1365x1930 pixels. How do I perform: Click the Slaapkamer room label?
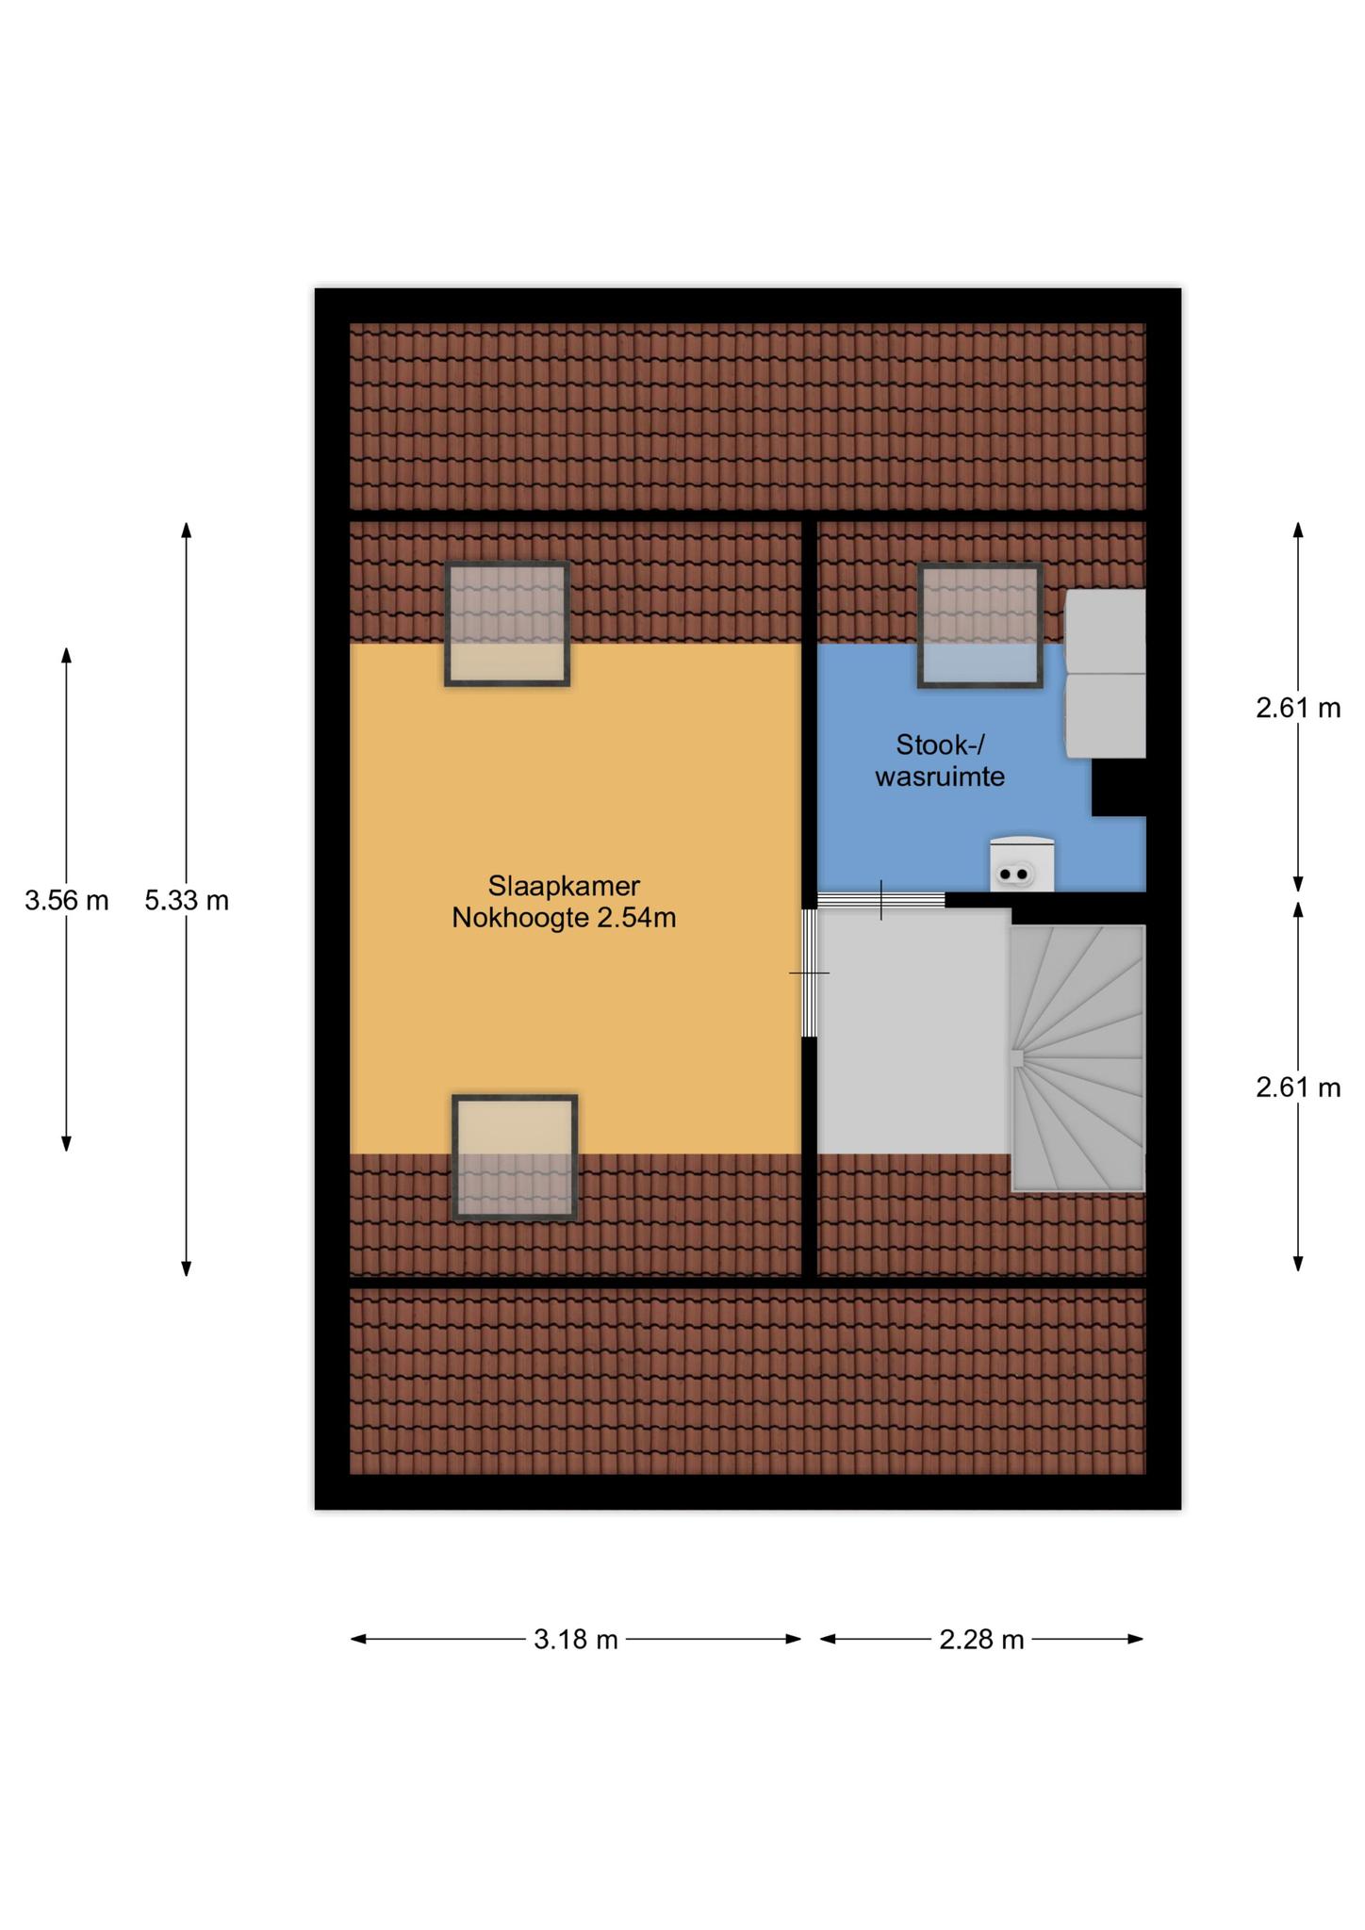[x=564, y=886]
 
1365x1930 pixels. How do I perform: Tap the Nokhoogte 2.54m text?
[x=564, y=918]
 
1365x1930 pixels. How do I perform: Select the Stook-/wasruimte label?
[x=940, y=761]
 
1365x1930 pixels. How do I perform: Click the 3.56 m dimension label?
[x=67, y=901]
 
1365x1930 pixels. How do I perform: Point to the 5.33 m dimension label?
[x=187, y=901]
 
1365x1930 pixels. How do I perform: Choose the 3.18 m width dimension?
[x=576, y=1640]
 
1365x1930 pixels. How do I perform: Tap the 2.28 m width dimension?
[x=981, y=1640]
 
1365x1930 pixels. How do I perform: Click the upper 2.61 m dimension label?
[x=1298, y=708]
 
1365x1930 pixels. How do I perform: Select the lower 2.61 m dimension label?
[x=1298, y=1088]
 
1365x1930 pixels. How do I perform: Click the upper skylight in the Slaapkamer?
[x=507, y=624]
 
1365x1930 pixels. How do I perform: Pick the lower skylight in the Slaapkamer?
[x=515, y=1157]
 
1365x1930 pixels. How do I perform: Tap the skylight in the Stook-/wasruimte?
[x=980, y=625]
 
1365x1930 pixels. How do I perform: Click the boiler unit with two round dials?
[x=1022, y=863]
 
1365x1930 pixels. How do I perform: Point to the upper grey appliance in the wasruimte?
[x=1106, y=630]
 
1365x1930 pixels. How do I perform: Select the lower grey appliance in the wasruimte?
[x=1106, y=715]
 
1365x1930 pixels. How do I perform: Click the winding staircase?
[x=1078, y=1058]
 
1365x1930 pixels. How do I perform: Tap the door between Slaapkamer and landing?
[x=809, y=973]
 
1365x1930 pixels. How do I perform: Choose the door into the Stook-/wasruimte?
[x=880, y=900]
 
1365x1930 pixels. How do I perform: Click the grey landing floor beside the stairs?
[x=913, y=1031]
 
